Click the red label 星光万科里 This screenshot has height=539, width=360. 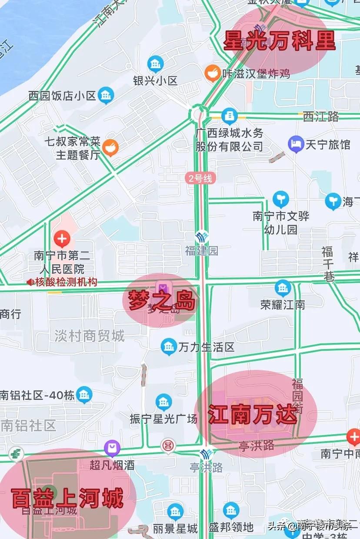280,41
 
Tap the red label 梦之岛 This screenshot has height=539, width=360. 161,300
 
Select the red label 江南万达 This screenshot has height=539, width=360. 253,415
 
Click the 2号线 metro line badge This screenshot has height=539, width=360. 200,178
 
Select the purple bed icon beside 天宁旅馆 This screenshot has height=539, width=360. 296,144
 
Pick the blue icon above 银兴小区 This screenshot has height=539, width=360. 155,64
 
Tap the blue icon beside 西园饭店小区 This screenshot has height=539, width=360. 106,95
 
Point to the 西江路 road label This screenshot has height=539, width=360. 321,116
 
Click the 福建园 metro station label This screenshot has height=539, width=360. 201,251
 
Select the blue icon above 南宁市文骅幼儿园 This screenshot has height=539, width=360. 281,200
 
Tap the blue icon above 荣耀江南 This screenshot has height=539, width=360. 283,288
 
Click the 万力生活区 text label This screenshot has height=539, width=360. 207,347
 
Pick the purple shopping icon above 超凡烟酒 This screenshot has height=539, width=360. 112,448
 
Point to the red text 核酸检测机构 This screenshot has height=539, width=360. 66,282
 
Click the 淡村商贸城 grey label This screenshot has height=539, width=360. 90,336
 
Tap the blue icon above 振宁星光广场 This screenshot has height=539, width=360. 163,402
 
